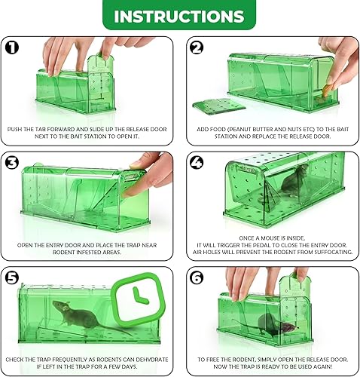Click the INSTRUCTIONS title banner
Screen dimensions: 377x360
179,16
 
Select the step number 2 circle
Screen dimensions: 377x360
196,47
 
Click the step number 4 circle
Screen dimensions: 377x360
196,161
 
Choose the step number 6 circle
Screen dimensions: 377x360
196,276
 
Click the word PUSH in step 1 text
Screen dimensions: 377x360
15,130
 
